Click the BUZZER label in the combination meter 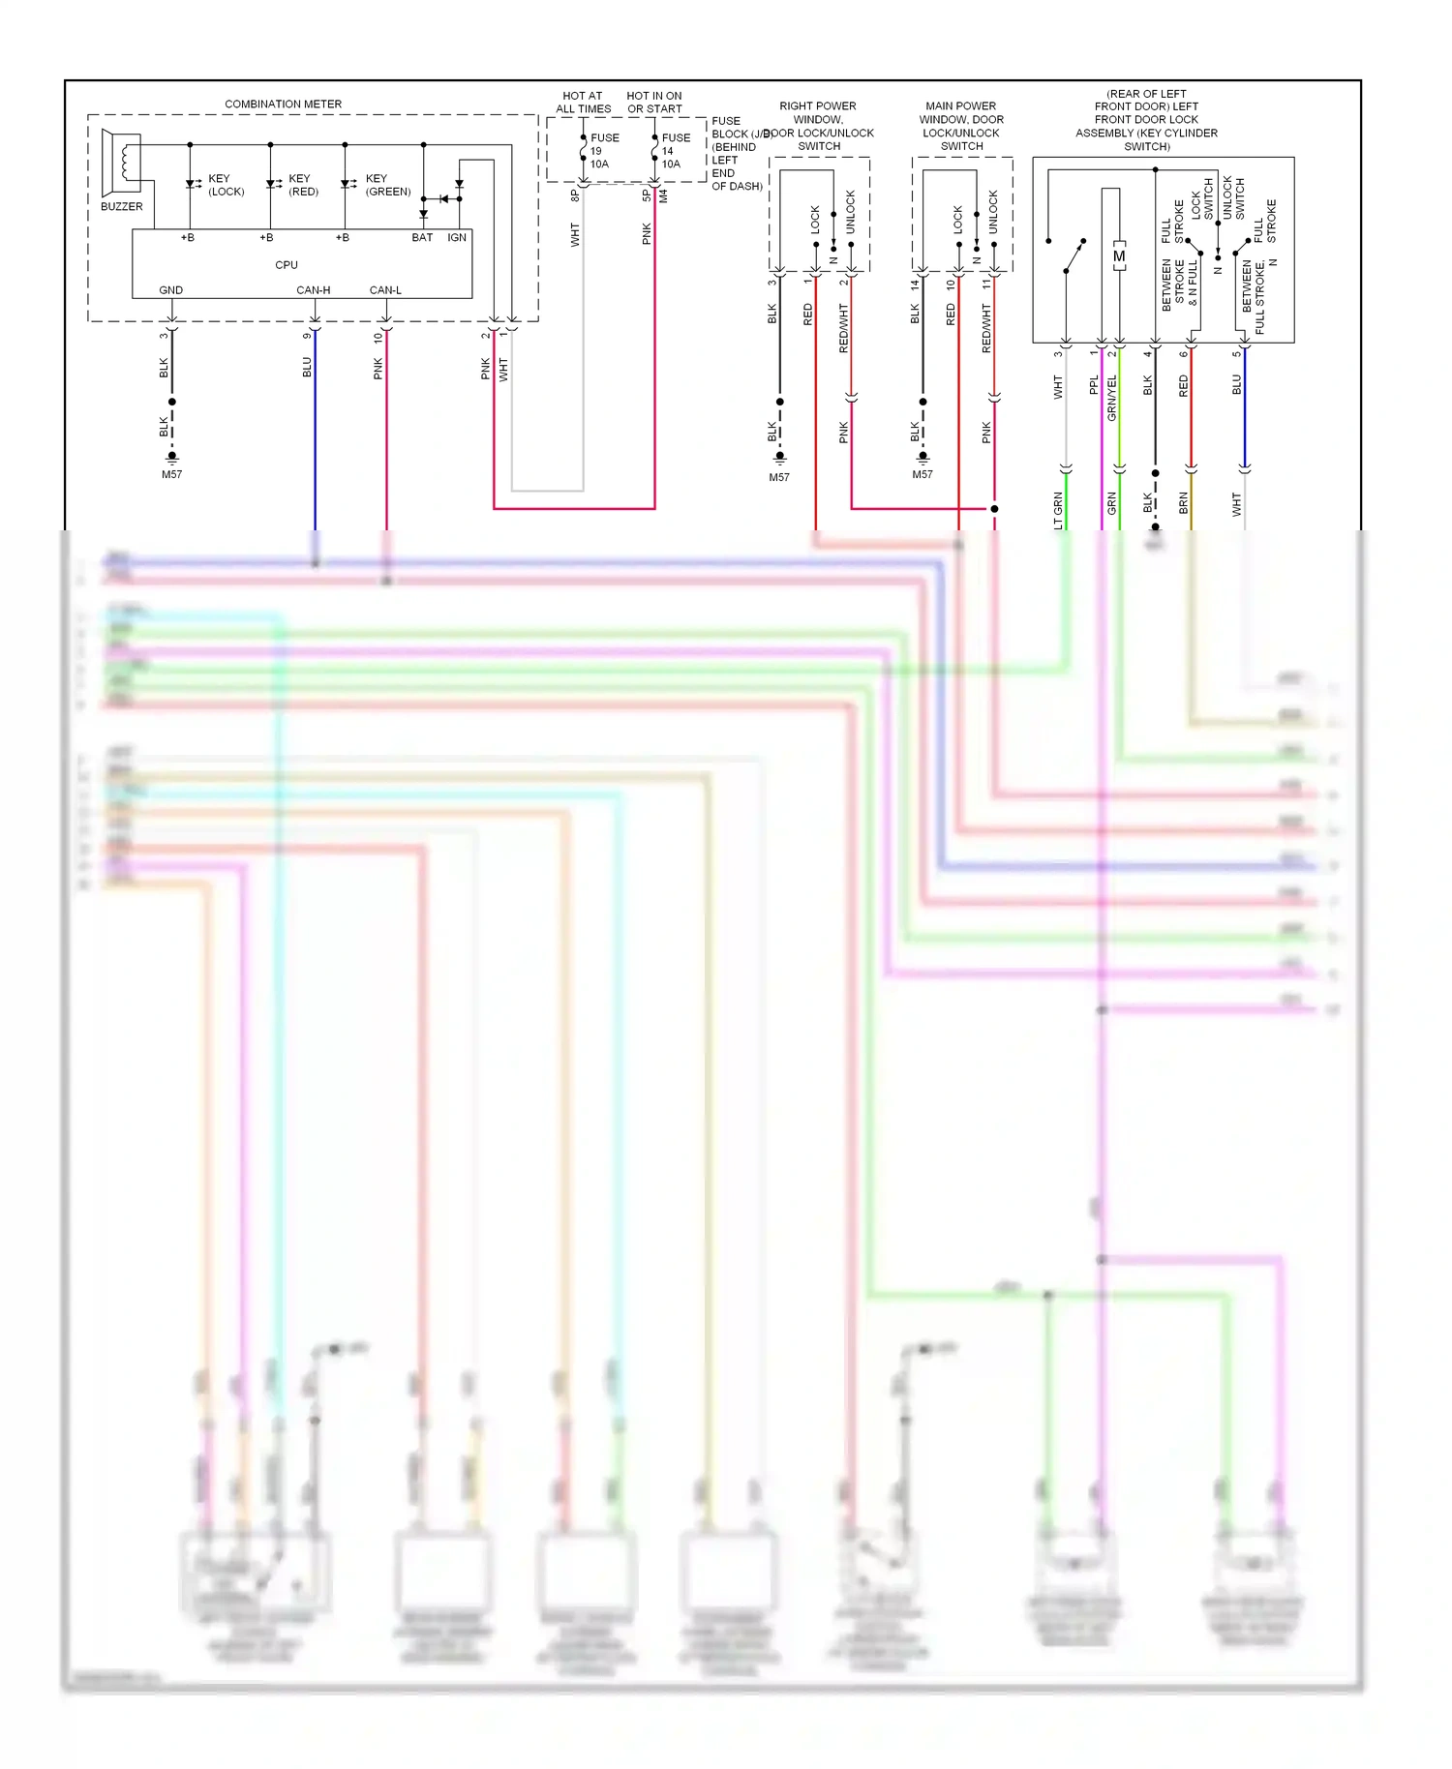[x=121, y=206]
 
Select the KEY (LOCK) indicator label [x=226, y=185]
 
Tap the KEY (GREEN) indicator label [x=387, y=185]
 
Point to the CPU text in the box [x=287, y=264]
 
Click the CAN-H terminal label [x=313, y=290]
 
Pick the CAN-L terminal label [x=385, y=290]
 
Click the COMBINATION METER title [x=283, y=104]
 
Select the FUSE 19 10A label [x=603, y=151]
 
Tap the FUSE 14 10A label [x=675, y=151]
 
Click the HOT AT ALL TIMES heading [x=583, y=103]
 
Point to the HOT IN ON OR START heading [x=654, y=103]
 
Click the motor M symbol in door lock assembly [x=1119, y=256]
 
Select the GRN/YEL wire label [x=1112, y=398]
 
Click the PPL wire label [x=1095, y=385]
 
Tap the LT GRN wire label [x=1058, y=510]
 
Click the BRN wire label [x=1183, y=502]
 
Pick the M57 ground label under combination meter [x=171, y=474]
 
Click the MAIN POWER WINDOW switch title [x=960, y=126]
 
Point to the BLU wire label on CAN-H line [x=307, y=367]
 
